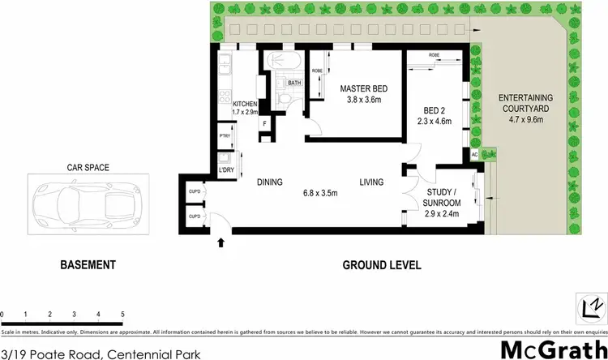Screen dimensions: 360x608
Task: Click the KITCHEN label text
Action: click(245, 105)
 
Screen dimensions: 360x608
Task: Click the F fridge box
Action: click(264, 123)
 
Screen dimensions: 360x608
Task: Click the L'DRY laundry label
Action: click(225, 169)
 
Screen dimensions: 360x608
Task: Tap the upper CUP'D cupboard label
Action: click(195, 191)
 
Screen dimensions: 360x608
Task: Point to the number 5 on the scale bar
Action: click(122, 313)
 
